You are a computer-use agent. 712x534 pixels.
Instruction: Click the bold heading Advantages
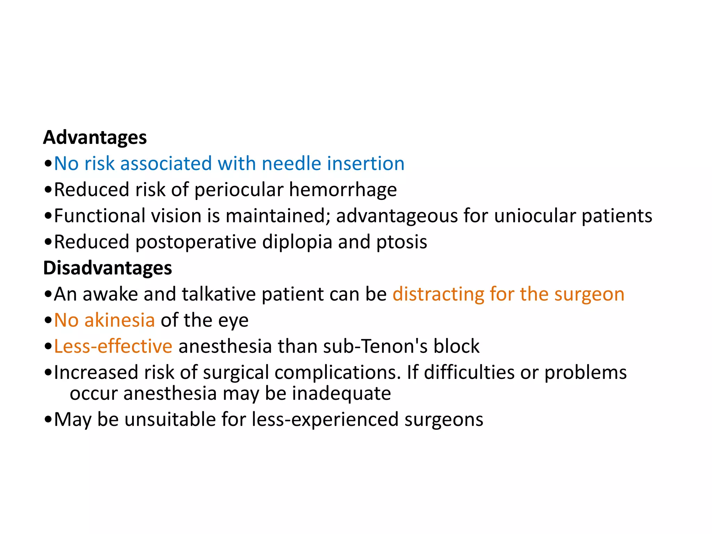coord(95,138)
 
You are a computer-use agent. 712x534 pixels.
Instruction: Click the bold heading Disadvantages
coord(107,268)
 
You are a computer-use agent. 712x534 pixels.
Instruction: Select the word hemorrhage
coord(343,190)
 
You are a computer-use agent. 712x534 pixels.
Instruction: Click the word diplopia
coord(297,242)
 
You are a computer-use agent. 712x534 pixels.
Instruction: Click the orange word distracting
coord(438,294)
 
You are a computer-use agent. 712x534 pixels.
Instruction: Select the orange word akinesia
coord(120,320)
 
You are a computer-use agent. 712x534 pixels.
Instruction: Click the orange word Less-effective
coord(113,346)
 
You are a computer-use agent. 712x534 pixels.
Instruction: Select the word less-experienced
coord(325,420)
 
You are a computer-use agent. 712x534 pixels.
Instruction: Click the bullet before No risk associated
coord(48,164)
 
